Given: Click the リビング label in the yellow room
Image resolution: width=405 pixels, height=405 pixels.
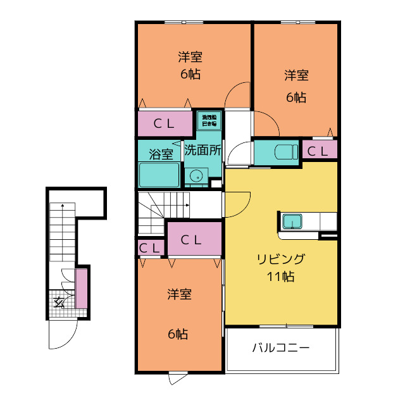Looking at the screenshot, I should [280, 259].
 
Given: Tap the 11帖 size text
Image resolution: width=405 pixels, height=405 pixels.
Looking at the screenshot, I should [280, 277].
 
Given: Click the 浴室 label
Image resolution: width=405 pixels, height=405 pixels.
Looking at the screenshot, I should [160, 154].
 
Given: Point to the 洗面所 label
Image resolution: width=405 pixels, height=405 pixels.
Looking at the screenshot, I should [202, 151].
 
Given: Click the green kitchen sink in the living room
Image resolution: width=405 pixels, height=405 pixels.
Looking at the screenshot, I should [292, 221].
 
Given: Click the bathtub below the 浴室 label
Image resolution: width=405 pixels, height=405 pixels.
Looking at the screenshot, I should [159, 174].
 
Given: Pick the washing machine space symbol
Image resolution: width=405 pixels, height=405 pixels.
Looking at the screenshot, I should [209, 120].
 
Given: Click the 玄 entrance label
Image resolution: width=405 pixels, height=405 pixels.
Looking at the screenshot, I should [59, 302].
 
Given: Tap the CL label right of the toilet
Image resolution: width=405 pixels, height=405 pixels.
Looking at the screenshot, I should [318, 151].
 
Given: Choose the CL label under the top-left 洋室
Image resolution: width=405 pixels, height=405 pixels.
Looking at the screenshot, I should [164, 124].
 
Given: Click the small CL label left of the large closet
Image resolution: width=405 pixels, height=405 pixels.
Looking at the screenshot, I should [150, 248].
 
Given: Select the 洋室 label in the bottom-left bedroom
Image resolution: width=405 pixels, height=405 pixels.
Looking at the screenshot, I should [180, 294].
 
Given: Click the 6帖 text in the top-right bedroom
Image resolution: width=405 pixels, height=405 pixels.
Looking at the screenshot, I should [296, 97].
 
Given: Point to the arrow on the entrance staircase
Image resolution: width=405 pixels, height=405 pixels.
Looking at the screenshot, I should [62, 206].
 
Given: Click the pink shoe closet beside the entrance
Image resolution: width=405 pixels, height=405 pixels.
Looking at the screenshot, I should [81, 289].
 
